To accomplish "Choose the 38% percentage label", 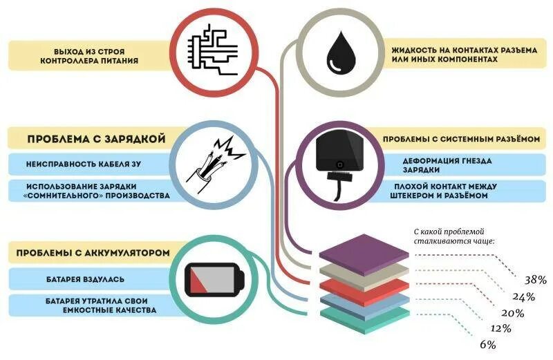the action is pyautogui.click(x=535, y=280).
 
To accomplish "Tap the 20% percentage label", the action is pyautogui.click(x=513, y=312).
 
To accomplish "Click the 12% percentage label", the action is pyautogui.click(x=501, y=328).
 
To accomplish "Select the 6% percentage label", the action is pyautogui.click(x=487, y=343).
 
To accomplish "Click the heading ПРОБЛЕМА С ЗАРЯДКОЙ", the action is pyautogui.click(x=96, y=138).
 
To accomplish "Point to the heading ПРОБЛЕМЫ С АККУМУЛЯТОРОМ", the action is pyautogui.click(x=93, y=252).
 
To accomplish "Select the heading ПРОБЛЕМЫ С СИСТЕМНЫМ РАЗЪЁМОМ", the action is pyautogui.click(x=460, y=139).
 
